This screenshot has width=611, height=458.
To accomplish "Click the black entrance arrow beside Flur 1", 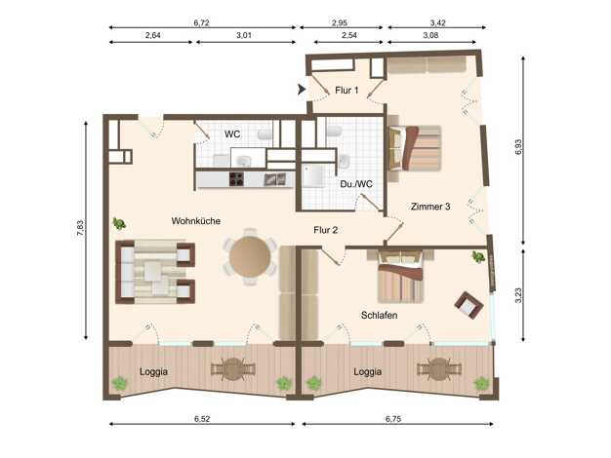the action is click(x=302, y=90).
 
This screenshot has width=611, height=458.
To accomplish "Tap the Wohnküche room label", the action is click(x=195, y=221).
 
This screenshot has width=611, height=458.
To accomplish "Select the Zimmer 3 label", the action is click(x=430, y=207).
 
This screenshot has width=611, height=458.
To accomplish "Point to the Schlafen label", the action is click(x=379, y=315).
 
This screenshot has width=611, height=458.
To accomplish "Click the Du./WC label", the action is click(x=356, y=184).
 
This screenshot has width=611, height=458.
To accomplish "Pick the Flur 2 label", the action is click(x=325, y=230).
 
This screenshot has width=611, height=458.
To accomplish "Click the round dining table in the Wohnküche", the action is click(x=250, y=257).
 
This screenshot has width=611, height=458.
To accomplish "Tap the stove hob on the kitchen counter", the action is click(x=236, y=179).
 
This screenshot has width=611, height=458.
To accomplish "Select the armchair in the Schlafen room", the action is click(x=468, y=305).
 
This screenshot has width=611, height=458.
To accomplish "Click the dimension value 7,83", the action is click(x=80, y=228).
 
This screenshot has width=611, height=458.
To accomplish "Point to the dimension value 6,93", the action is click(x=518, y=147).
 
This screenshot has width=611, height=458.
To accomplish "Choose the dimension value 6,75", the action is click(x=393, y=419).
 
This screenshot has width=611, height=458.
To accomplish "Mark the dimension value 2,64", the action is click(x=152, y=35).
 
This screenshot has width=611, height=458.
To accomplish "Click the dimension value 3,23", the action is click(x=518, y=295).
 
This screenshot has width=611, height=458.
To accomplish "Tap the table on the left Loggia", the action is click(x=233, y=369).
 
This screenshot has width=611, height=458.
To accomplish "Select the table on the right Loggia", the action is click(x=439, y=369).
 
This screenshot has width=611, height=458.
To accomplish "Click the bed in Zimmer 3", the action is click(x=415, y=148).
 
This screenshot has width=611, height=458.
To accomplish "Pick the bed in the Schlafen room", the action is click(x=400, y=277).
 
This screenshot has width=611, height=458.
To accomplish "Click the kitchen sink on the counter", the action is click(x=275, y=179).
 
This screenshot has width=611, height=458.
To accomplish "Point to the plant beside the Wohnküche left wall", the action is click(x=119, y=224).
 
